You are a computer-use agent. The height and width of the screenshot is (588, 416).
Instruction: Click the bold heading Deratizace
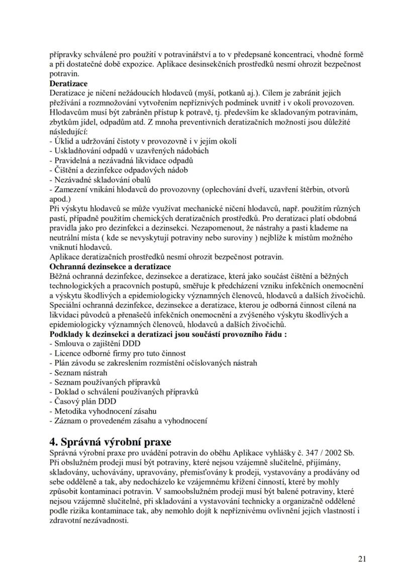tap(68, 83)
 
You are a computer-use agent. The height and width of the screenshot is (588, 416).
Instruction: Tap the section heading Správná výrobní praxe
tap(115, 442)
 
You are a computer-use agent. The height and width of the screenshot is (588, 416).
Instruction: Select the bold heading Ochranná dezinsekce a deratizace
tap(110, 266)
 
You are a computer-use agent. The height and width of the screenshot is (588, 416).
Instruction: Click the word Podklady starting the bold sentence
tap(67, 334)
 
